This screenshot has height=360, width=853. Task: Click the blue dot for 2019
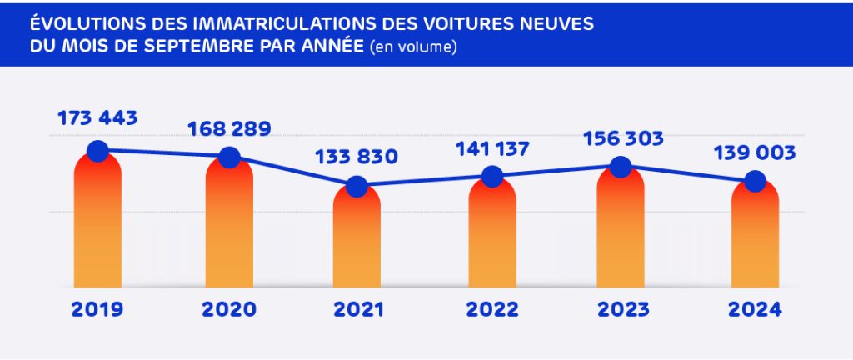(x=97, y=151)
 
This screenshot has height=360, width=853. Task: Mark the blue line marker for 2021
(x=357, y=186)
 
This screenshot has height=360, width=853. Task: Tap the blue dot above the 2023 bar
(x=620, y=166)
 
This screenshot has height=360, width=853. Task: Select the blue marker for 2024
(x=755, y=181)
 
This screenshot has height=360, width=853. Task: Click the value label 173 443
(x=97, y=118)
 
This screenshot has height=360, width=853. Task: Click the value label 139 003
(x=755, y=152)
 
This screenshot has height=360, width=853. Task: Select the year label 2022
(x=491, y=310)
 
